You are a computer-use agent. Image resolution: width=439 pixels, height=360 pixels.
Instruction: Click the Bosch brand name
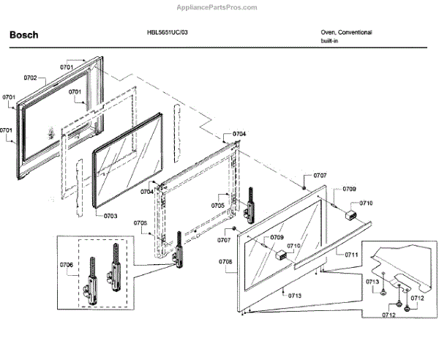pyautogui.click(x=23, y=35)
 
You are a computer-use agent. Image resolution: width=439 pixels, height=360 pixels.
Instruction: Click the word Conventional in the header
pyautogui.click(x=356, y=33)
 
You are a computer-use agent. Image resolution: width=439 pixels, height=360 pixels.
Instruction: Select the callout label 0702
pyautogui.click(x=30, y=77)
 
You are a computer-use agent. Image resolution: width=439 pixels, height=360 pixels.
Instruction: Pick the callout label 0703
pyautogui.click(x=110, y=216)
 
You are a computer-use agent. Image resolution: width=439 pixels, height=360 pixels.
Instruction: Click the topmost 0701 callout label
pyautogui.click(x=67, y=67)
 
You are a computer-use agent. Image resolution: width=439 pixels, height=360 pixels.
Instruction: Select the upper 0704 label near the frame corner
pyautogui.click(x=240, y=135)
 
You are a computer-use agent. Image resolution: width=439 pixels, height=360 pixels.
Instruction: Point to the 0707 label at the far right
pyautogui.click(x=320, y=176)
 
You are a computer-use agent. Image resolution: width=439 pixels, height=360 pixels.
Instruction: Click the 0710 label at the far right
pyautogui.click(x=366, y=203)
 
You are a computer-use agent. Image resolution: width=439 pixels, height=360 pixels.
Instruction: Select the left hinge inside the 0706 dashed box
pyautogui.click(x=93, y=277)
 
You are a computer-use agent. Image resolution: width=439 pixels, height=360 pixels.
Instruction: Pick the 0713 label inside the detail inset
pyautogui.click(x=372, y=282)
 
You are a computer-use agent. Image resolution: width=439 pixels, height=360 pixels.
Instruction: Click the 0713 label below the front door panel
pyautogui.click(x=295, y=295)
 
